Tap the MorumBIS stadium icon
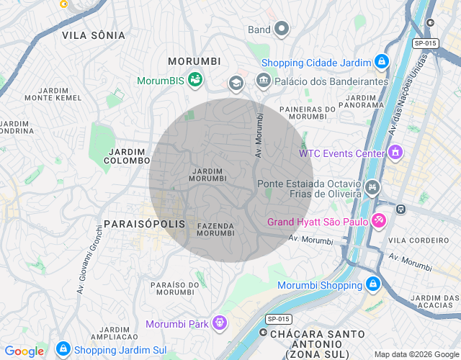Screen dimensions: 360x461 pos(194,79)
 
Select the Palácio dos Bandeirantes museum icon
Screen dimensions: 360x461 pos(263,79)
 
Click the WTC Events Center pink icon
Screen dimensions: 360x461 pos(395,153)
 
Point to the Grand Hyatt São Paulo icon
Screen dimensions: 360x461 pos(379,221)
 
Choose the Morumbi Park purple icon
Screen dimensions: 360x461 pos(219,323)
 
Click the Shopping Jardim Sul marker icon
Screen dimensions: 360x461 pos(63,350)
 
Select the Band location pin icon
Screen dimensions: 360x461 pos(281,30)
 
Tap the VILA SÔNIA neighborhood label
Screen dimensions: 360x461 pos(94,35)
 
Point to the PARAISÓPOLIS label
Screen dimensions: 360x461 pos(145,225)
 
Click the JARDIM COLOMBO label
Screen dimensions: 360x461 pos(127,156)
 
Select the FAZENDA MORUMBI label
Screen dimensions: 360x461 pos(215,230)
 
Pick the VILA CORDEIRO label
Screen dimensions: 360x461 pos(418,240)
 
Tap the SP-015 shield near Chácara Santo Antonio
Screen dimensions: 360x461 pos(277,318)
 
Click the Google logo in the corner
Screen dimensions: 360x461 pos(24,351)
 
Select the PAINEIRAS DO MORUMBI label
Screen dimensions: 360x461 pos(308,112)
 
